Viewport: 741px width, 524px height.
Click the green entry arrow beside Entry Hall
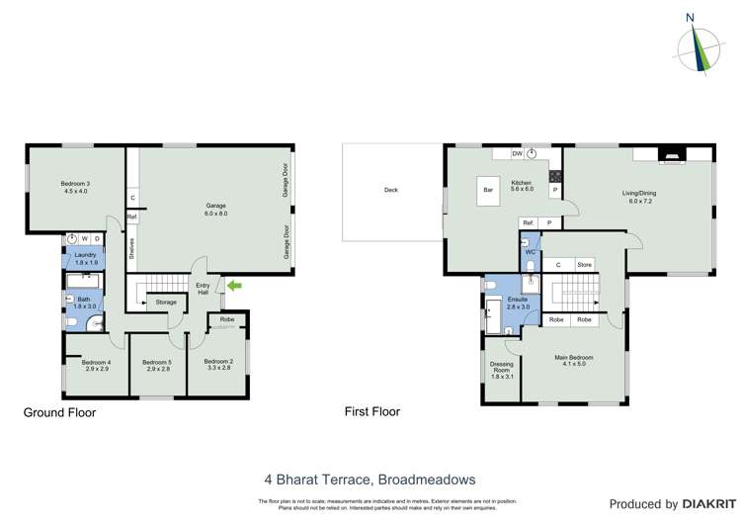pos(233,287)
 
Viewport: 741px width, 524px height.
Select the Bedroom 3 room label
pos(75,188)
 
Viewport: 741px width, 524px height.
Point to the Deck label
pos(390,190)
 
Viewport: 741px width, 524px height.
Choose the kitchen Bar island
pos(487,191)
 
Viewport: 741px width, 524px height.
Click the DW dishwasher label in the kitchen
pos(517,154)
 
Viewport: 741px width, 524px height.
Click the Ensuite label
pos(518,303)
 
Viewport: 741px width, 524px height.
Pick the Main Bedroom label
pos(574,361)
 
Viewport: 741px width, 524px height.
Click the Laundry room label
pos(85,258)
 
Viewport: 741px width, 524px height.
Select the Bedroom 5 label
pos(157,365)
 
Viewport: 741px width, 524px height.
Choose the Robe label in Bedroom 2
pos(227,320)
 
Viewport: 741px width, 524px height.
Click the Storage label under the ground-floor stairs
pos(166,303)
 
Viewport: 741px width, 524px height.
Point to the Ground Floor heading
pos(59,412)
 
